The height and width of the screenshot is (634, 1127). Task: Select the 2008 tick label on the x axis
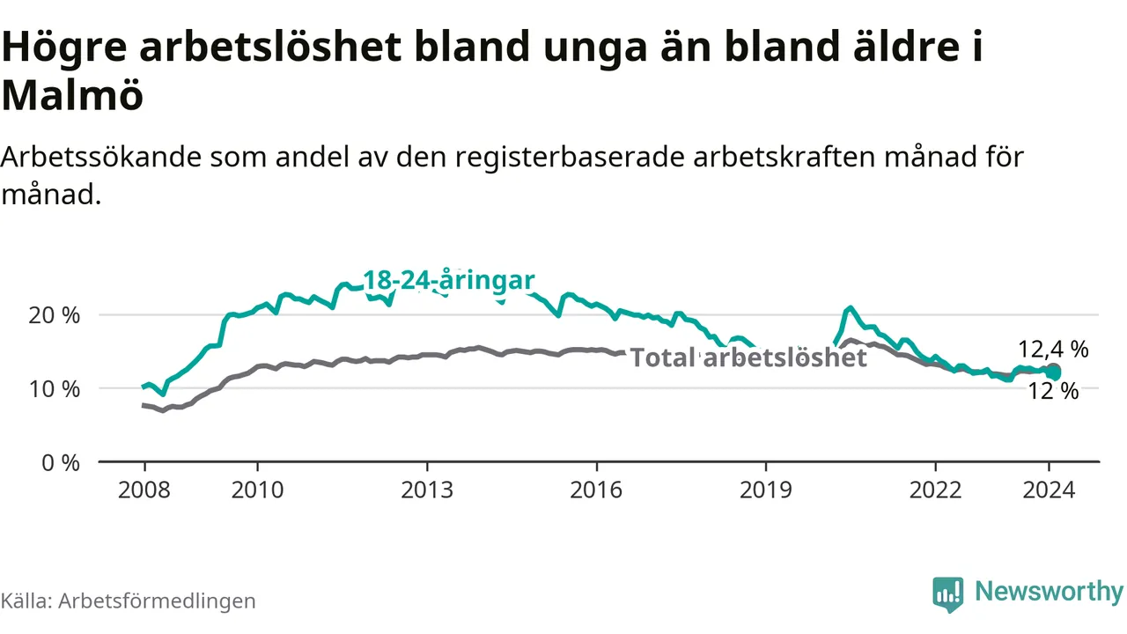click(144, 489)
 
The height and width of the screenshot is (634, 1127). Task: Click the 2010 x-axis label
click(257, 489)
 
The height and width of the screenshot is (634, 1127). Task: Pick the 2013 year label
click(427, 489)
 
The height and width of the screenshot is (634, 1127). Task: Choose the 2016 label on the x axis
click(596, 489)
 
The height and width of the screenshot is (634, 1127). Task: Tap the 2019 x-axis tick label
click(766, 489)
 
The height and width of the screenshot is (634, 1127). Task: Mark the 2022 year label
click(935, 489)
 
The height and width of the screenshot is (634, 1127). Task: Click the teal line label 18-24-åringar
click(449, 281)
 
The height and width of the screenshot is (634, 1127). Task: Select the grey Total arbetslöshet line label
click(749, 358)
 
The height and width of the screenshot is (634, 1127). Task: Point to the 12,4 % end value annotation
click(1053, 349)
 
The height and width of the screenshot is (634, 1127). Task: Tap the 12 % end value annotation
click(1053, 392)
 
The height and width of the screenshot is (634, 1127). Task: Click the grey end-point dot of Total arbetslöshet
click(1053, 371)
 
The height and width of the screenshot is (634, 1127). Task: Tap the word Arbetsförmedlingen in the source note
click(158, 601)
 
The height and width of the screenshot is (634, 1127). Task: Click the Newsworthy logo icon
click(948, 594)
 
